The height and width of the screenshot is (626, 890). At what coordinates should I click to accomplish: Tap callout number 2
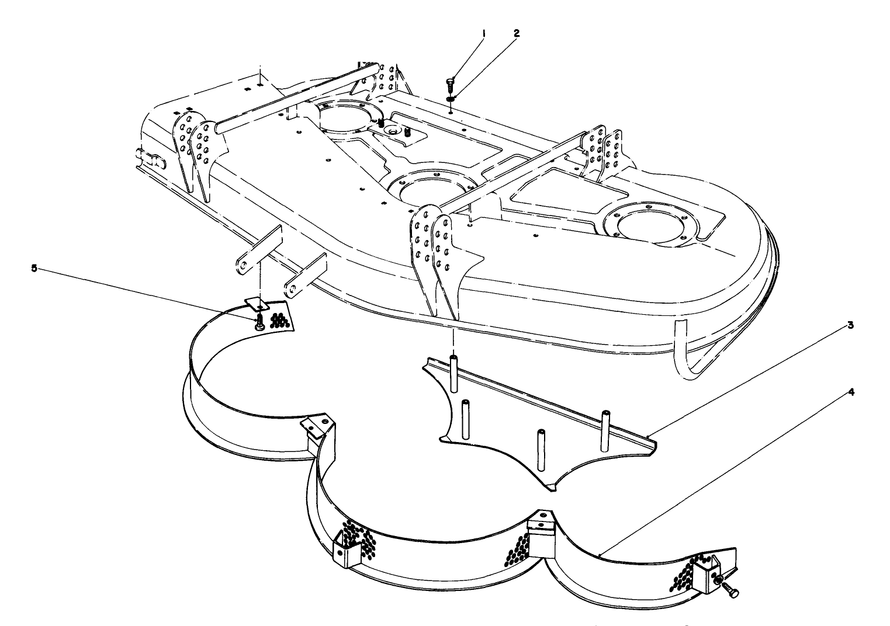516,33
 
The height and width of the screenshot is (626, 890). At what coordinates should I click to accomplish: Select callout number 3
851,325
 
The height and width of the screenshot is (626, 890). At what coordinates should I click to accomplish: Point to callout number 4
851,392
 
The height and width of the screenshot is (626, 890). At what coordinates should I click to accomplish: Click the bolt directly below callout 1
449,84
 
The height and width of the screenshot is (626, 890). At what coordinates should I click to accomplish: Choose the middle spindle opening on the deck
430,190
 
